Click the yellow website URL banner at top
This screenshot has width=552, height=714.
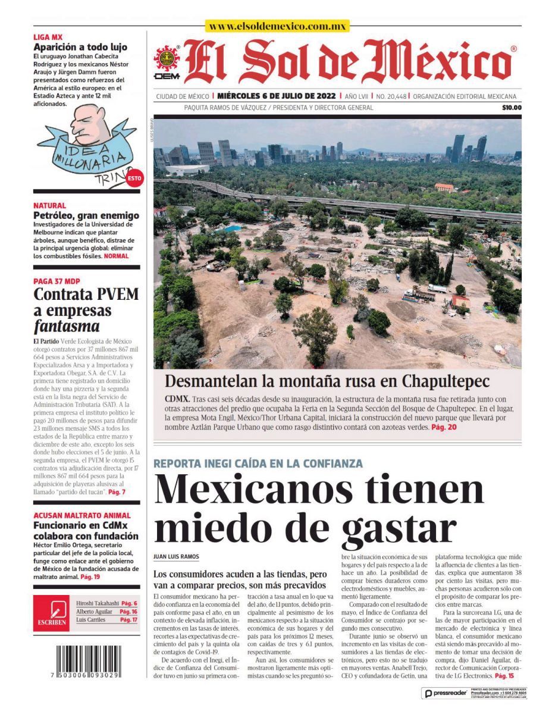(277, 26)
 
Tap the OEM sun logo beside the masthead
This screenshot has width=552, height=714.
(167, 62)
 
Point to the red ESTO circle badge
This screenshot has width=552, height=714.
(134, 178)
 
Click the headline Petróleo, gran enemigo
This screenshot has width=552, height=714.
(86, 215)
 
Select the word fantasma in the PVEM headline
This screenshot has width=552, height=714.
(66, 327)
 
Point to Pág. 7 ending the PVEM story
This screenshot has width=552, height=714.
(116, 492)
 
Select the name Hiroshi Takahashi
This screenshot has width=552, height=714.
(98, 603)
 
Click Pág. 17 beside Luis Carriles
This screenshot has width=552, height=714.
(128, 620)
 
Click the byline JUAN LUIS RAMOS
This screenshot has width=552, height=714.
(175, 557)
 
